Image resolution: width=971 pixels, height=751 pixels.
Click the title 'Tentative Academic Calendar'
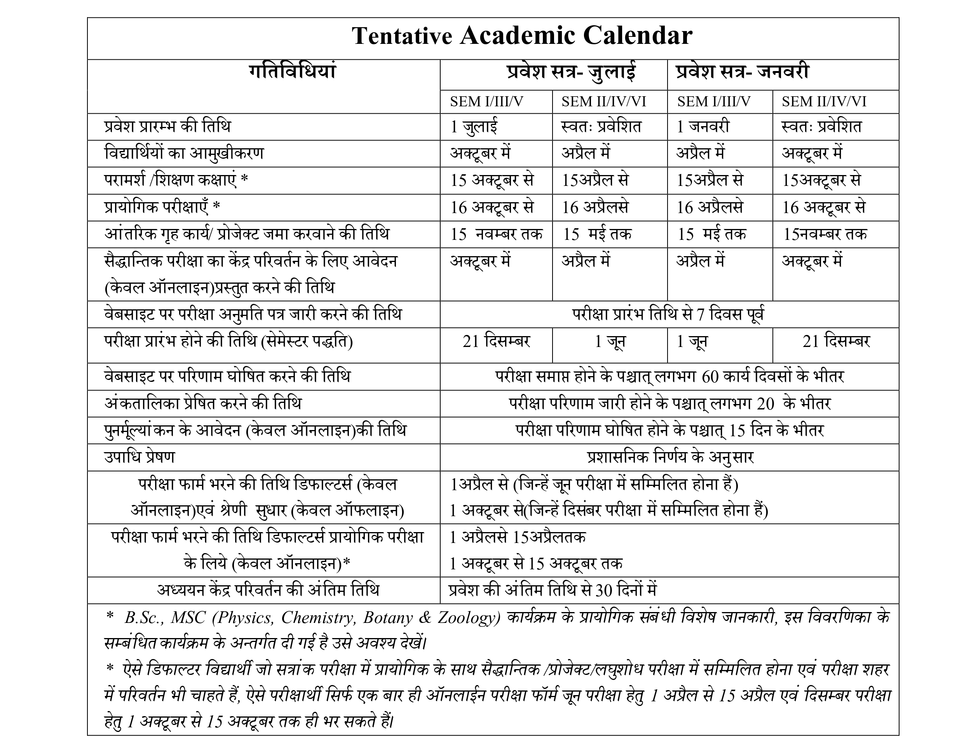tap(522, 36)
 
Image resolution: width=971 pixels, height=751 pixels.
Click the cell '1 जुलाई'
tap(474, 127)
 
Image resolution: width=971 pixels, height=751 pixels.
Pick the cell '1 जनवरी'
tap(703, 127)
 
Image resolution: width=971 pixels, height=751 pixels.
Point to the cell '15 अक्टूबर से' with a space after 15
tap(492, 181)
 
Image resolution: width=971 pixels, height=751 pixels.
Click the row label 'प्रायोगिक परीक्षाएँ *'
tap(162, 207)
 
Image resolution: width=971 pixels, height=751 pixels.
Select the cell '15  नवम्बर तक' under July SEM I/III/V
tap(496, 234)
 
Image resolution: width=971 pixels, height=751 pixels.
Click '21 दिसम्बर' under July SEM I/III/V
tap(496, 342)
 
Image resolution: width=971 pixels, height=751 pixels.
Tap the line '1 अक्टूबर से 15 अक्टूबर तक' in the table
tap(536, 564)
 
